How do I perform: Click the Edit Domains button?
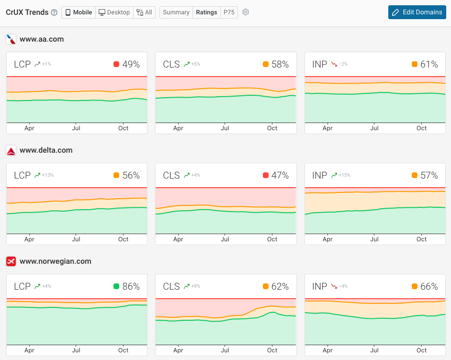coord(417,12)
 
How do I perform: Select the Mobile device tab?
coord(78,12)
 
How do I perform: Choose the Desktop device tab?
coord(114,12)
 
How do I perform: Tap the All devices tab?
coord(145,12)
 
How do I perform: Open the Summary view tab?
coord(176,12)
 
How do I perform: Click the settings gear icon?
coord(246,12)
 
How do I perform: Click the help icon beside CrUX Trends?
coord(54,12)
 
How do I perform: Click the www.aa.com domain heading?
coord(42,39)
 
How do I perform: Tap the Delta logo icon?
coord(11,151)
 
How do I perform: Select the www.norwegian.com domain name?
coord(55,261)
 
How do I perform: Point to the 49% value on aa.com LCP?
coord(131,65)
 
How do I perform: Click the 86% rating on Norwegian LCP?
coord(131,287)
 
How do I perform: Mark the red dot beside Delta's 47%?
coord(266,176)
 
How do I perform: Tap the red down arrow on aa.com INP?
coord(335,65)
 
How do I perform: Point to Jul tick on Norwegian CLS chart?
coord(225,350)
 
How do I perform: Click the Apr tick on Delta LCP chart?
coord(29,239)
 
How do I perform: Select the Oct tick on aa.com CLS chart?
coord(272,128)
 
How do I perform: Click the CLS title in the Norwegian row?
coord(171,287)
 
